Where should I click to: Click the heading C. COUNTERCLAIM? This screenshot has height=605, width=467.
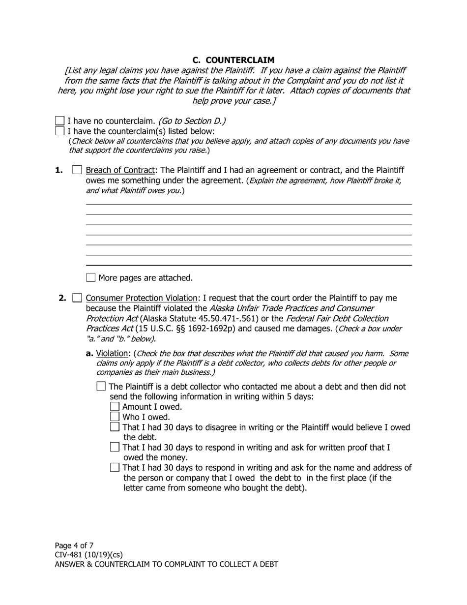click(x=233, y=60)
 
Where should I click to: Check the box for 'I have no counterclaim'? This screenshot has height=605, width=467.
click(x=60, y=121)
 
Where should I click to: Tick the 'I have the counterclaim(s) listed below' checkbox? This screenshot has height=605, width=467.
click(x=60, y=131)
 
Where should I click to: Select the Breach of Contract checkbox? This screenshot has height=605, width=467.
click(x=77, y=170)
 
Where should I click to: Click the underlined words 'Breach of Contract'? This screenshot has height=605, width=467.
click(x=120, y=170)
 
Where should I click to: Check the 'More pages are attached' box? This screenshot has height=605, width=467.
click(x=90, y=277)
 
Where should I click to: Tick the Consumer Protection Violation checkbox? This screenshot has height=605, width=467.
click(x=77, y=298)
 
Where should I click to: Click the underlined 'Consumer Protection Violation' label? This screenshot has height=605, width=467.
click(x=141, y=298)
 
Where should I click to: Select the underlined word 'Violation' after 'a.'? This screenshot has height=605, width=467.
click(x=113, y=354)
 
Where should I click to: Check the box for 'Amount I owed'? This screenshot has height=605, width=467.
click(x=115, y=406)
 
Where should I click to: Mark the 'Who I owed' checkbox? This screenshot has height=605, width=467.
click(x=115, y=417)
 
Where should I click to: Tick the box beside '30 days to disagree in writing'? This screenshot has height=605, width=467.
click(x=115, y=427)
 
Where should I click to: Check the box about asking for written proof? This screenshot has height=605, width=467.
click(x=115, y=447)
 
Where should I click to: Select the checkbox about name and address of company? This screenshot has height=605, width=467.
click(x=115, y=467)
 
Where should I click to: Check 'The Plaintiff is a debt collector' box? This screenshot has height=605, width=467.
click(x=101, y=387)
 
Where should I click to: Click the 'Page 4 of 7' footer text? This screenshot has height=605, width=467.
click(x=74, y=545)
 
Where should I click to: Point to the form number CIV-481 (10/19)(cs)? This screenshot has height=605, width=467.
click(x=88, y=555)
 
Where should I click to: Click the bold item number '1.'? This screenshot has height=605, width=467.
click(x=59, y=170)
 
